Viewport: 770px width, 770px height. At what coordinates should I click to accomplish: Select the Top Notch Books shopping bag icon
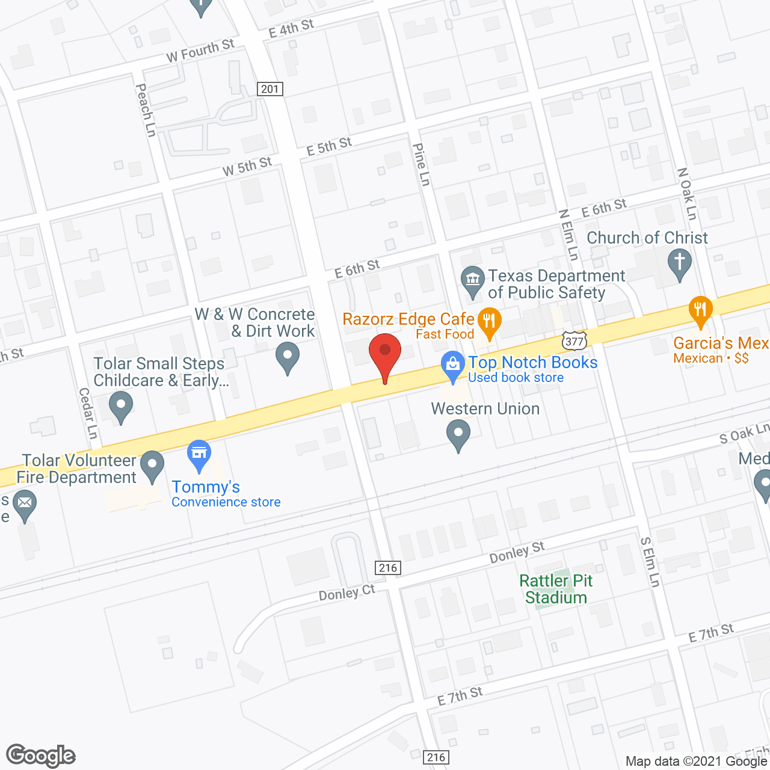452,365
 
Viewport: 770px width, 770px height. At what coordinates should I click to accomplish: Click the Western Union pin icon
458,434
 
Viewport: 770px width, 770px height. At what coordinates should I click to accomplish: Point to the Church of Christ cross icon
680,263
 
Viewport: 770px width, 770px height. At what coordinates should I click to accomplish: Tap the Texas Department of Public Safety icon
473,280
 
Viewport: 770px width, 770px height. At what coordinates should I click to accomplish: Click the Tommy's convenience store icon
199,454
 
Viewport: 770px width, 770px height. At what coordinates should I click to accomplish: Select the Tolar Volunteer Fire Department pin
152,465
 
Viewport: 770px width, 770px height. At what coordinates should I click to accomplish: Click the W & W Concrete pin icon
288,356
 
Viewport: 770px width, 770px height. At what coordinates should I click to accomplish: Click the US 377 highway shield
574,340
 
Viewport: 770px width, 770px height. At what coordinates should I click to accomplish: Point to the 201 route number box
270,89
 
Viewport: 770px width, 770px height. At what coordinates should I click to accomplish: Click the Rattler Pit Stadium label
556,589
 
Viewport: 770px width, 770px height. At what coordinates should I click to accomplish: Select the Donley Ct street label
346,593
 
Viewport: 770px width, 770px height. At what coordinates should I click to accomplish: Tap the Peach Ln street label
146,110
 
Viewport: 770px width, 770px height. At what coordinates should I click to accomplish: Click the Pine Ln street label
422,164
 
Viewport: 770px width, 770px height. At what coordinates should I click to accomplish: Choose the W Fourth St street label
200,51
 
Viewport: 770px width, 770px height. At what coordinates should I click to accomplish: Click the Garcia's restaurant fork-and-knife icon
700,310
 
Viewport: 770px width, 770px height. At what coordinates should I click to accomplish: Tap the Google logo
41,756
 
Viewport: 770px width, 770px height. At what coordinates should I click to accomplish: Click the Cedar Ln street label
88,413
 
